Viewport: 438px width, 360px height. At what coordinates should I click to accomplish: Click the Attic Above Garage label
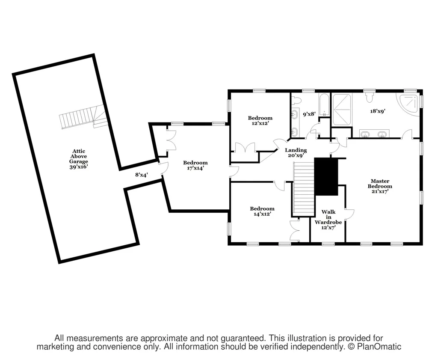[79, 159]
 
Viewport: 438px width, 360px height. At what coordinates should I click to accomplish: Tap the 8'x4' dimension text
[141, 175]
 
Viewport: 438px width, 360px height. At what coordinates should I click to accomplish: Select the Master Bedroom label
[380, 186]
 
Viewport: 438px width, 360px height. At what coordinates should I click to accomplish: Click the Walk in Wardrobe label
[328, 220]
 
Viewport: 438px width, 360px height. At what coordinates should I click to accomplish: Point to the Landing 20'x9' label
[296, 153]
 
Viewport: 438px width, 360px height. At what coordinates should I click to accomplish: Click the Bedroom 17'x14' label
[195, 165]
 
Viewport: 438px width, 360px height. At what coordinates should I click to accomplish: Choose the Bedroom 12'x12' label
[260, 120]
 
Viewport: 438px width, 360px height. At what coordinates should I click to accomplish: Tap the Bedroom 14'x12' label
[262, 211]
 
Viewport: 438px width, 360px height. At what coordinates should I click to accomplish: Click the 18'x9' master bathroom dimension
[378, 111]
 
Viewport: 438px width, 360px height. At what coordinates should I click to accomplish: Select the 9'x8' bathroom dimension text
[309, 114]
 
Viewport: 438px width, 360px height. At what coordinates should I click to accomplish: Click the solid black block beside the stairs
[326, 177]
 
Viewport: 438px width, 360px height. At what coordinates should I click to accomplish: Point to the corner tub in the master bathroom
[408, 105]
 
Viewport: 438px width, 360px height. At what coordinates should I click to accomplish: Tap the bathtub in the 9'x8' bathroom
[324, 105]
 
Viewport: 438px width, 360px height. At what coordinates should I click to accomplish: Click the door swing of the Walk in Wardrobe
[350, 214]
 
